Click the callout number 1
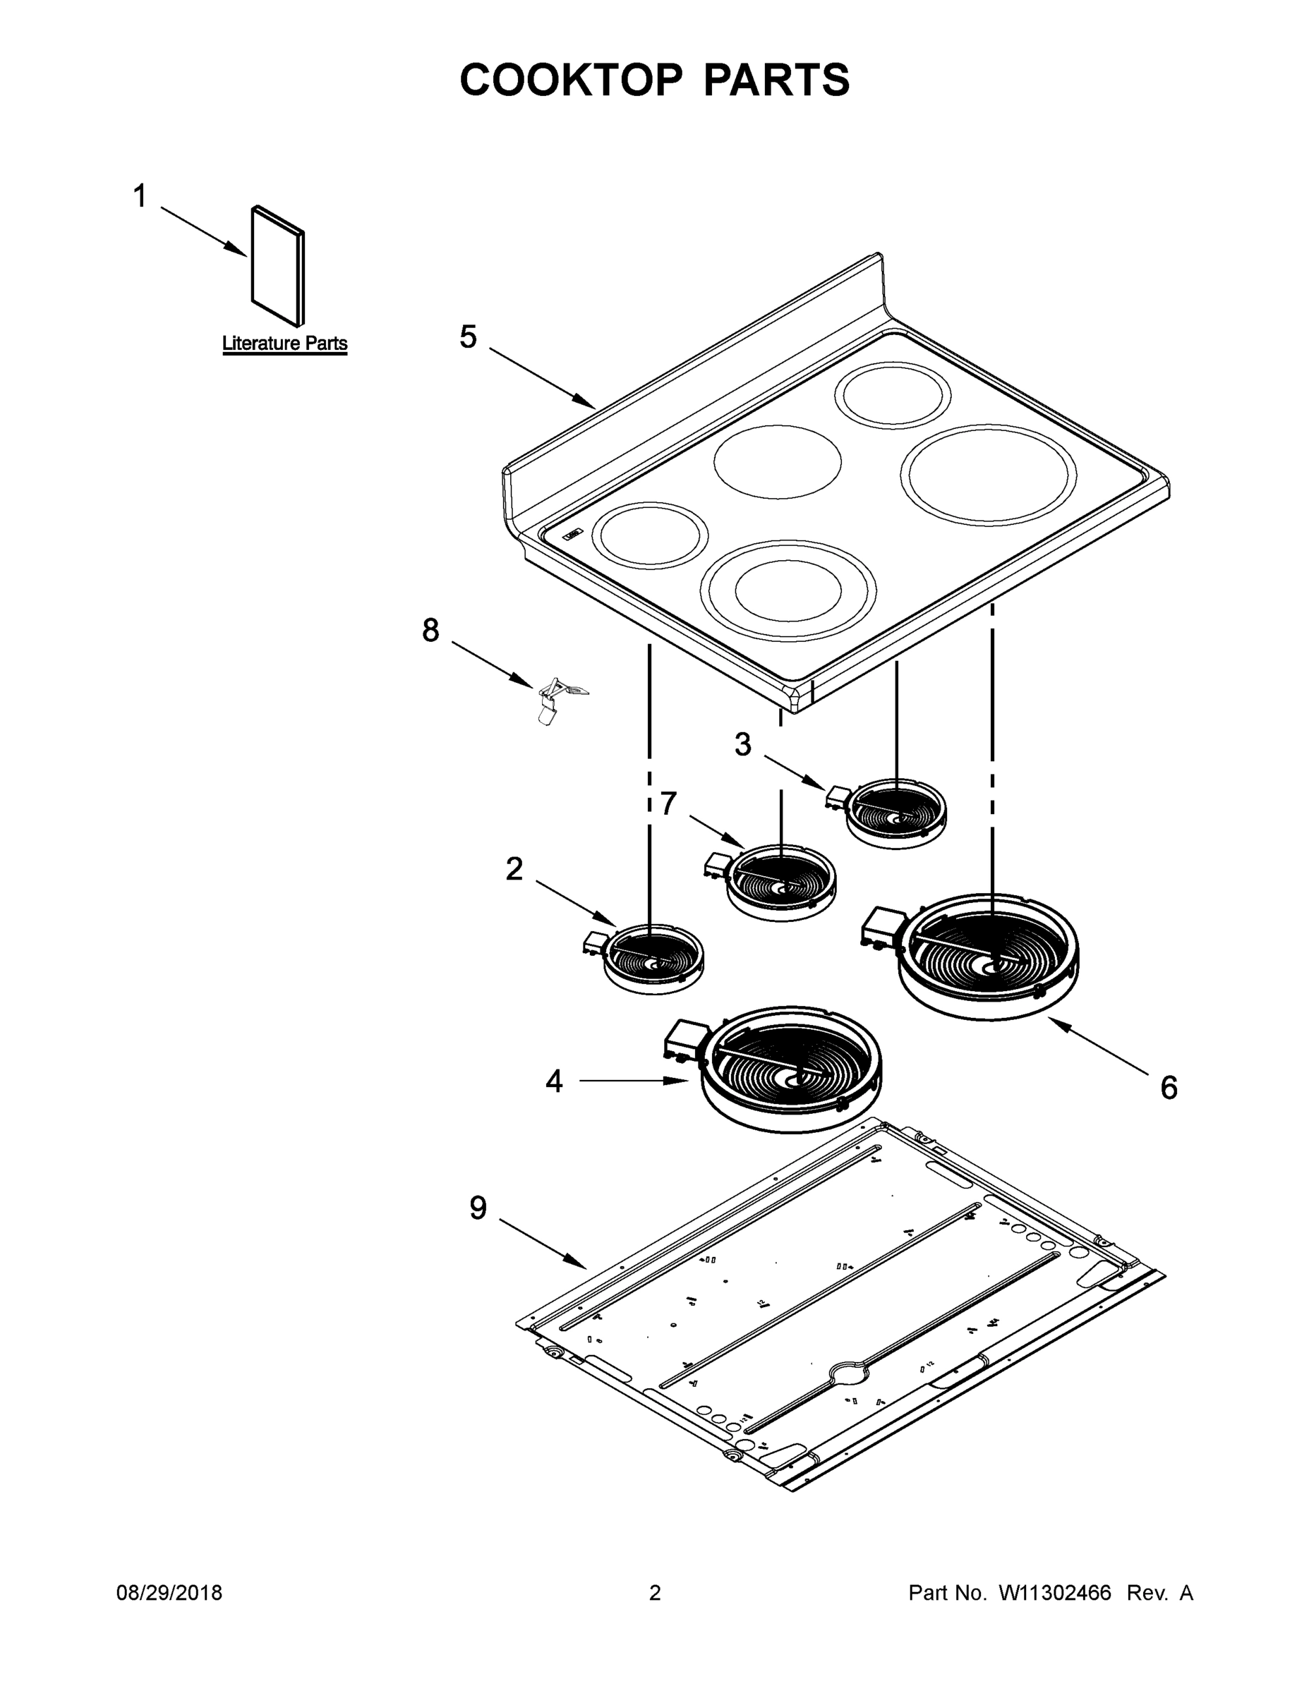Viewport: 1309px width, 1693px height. coord(140,197)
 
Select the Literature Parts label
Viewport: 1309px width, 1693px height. coord(284,344)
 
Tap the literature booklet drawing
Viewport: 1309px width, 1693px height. coord(277,266)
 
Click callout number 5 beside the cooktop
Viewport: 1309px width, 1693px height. coord(468,337)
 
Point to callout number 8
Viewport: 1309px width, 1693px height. coord(430,630)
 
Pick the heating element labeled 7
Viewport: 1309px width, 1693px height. coord(781,883)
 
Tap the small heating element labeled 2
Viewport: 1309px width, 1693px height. coord(653,958)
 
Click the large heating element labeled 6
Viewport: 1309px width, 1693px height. coord(989,958)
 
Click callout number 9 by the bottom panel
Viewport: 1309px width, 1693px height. coord(478,1208)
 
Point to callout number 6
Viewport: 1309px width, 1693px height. coord(1169,1088)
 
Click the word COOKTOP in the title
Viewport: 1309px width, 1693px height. coord(572,80)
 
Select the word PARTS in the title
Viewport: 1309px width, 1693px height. coord(776,80)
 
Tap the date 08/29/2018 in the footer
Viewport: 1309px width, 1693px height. coord(169,1593)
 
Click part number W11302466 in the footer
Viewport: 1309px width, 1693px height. coord(1055,1593)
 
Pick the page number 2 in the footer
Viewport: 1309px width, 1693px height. coord(655,1593)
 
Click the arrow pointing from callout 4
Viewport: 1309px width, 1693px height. coord(632,1081)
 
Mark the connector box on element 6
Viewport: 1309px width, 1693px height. coord(883,925)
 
